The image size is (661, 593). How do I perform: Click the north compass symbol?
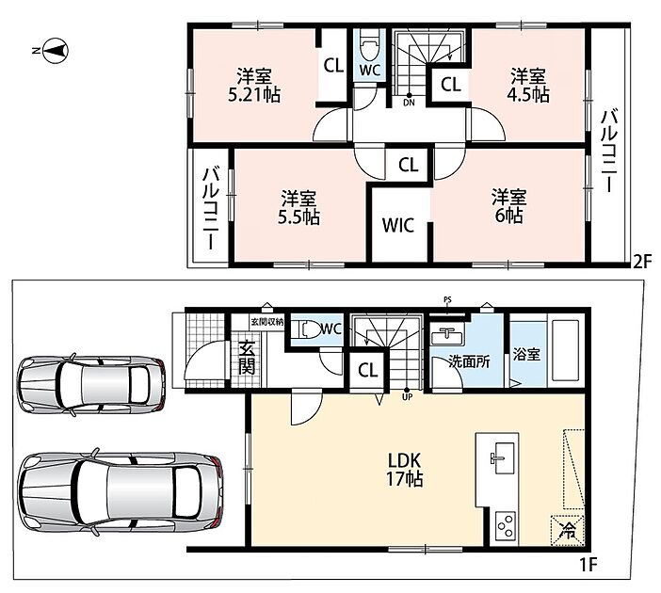coord(55,51)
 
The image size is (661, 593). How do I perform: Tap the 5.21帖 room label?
coord(254,86)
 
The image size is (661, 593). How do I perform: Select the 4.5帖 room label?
coord(528,86)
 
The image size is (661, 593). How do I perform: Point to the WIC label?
coord(398,226)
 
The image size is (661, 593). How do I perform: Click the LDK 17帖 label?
coord(405,471)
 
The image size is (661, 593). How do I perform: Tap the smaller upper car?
coord(91,384)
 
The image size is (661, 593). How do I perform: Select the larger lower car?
coord(121,492)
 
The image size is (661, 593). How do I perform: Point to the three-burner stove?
coord(505,526)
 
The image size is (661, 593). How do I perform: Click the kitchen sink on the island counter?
coord(504,458)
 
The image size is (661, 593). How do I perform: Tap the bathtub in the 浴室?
coord(563,353)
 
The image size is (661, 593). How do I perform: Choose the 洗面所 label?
coord(469,361)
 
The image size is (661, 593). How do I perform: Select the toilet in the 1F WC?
coord(308,329)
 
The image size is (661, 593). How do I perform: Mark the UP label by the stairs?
coord(408,396)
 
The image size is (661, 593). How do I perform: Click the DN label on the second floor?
coord(409,103)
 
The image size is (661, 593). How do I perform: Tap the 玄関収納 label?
coord(267,322)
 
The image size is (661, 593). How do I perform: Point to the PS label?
coord(447,300)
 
